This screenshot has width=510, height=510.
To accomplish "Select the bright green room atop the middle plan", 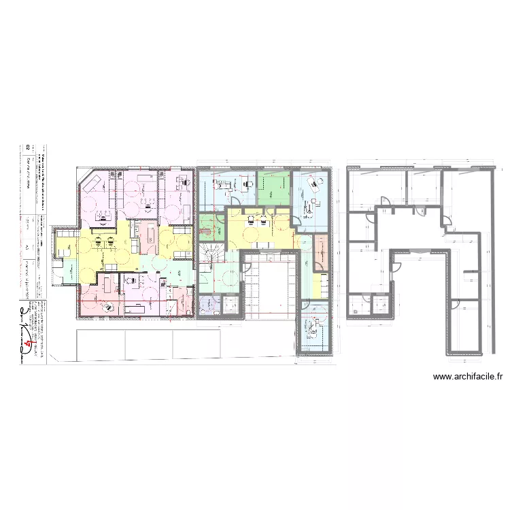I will click(274, 186).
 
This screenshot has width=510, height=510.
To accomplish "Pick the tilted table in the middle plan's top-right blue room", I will click(314, 182).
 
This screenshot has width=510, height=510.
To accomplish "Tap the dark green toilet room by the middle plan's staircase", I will click(207, 224).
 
